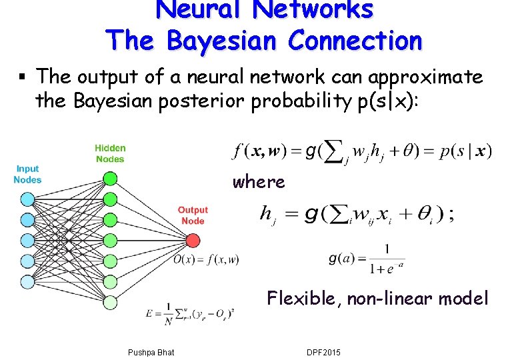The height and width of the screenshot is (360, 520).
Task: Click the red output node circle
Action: coord(193,239)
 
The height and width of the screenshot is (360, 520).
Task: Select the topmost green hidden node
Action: coord(110,178)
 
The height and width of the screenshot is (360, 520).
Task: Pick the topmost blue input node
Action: coord(27,199)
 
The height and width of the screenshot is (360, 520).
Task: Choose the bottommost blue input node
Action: coord(27,281)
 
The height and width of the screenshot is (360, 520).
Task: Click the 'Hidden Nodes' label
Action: coord(110,153)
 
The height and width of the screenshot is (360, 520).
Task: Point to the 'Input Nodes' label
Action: coord(27,174)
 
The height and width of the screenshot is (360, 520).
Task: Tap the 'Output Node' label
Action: coord(193,215)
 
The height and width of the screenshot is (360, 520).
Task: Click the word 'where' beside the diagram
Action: coord(259,182)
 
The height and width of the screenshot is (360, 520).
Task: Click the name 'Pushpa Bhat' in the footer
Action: coord(150,352)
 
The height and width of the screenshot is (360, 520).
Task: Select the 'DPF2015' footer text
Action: coord(323,352)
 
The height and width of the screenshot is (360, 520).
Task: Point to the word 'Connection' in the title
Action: coord(355,41)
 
